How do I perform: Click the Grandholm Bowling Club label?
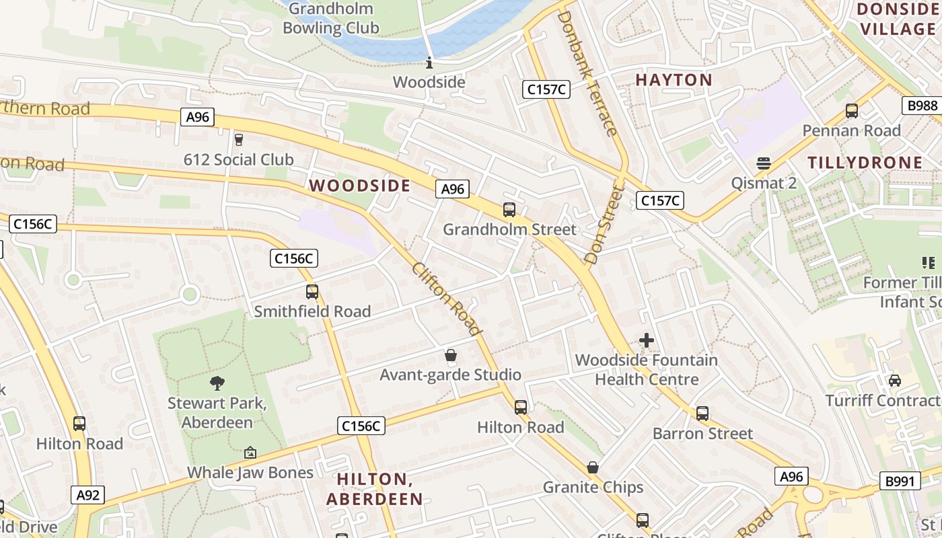[330, 19]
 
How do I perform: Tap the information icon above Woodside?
[429, 63]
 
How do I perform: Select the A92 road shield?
[88, 496]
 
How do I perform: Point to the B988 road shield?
[921, 105]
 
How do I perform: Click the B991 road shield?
[900, 481]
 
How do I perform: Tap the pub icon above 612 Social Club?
[238, 140]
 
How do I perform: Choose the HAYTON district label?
[674, 80]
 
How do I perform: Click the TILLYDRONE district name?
[865, 163]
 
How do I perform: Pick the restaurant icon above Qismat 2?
[763, 163]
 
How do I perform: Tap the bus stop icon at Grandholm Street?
[509, 210]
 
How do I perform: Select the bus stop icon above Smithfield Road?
[312, 292]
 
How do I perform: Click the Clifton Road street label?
[447, 298]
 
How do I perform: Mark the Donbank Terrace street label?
[587, 73]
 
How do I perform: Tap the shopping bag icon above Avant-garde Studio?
[450, 355]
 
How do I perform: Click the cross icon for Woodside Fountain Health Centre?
[647, 340]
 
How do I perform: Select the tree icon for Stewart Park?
[217, 383]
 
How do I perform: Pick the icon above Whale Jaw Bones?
[250, 453]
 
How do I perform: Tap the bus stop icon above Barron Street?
[702, 414]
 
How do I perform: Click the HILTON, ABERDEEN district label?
[374, 489]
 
